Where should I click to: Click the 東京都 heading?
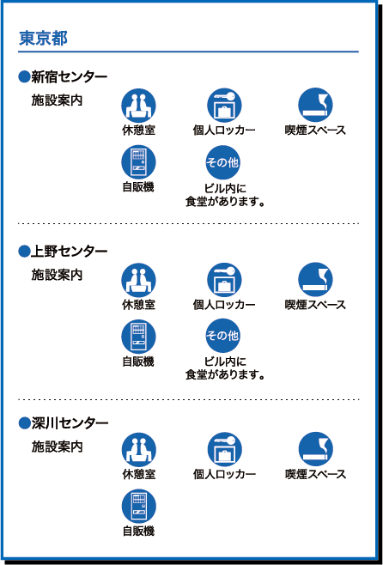(43, 39)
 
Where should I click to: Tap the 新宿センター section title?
(64, 76)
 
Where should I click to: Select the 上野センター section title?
(64, 251)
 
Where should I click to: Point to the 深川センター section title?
(64, 422)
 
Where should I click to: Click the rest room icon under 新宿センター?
(139, 106)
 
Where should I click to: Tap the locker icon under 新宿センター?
(224, 106)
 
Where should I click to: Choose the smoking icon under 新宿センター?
(315, 105)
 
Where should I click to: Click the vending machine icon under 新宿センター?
(139, 162)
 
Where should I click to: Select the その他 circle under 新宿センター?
(222, 162)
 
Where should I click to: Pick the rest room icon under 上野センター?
(139, 280)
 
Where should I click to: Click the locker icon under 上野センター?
(224, 280)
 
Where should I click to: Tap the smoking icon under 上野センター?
(315, 280)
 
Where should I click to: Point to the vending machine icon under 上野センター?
(139, 337)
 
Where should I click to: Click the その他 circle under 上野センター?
(222, 336)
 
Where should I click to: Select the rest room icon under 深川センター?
(139, 450)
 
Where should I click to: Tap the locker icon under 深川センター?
(224, 450)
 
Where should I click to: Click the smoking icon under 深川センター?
(316, 449)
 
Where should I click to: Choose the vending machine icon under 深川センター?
(139, 507)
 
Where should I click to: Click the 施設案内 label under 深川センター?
(57, 447)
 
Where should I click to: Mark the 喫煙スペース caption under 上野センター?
(315, 305)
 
